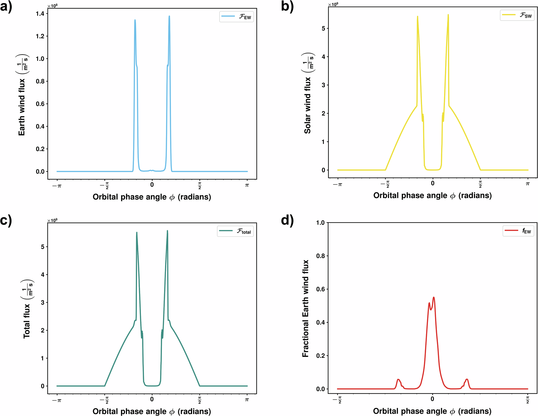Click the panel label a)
[x=6, y=6]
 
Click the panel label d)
[x=287, y=221]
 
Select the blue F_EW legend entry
[x=236, y=17]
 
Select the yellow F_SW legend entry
[x=517, y=15]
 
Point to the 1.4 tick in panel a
[x=40, y=14]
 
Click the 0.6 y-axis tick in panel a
[x=40, y=104]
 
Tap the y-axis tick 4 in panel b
[x=323, y=57]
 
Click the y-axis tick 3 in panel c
[x=43, y=303]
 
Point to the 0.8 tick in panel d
[x=320, y=256]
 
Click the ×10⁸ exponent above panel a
[x=52, y=6]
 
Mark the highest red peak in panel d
[x=434, y=298]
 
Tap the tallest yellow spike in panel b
[x=448, y=15]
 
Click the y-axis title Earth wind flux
[x=22, y=107]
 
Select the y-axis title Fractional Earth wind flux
[x=305, y=308]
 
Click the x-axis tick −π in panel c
[x=57, y=400]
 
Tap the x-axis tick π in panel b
[x=528, y=184]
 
